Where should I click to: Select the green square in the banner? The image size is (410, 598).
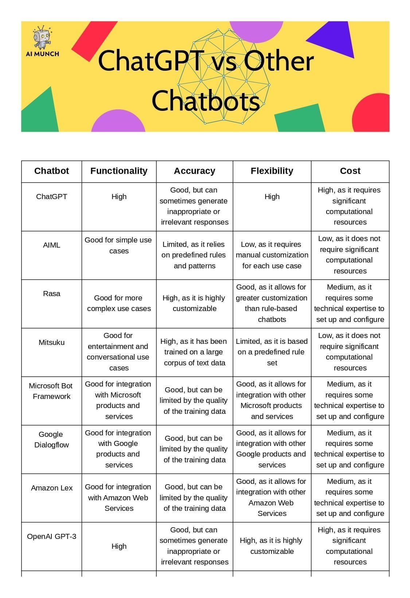pos(300,119)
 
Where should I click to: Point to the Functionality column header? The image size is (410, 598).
pos(119,171)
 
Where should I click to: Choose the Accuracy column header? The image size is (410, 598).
pos(194,171)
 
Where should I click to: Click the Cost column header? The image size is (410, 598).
pos(350,171)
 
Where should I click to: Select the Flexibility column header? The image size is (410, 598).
pos(272,171)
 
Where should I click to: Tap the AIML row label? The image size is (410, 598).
pos(51,245)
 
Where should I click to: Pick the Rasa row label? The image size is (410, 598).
pos(51,294)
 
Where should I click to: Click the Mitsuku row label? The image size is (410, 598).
pos(51,342)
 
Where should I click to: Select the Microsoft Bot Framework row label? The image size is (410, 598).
pos(51,391)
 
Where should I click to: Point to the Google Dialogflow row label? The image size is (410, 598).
pos(51,439)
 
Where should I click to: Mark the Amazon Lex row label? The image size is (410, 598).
pos(51,488)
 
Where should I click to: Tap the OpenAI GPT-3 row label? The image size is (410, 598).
pos(51,536)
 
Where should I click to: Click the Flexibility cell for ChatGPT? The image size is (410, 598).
pos(272,197)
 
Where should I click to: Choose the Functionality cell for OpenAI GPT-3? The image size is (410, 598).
pos(119,546)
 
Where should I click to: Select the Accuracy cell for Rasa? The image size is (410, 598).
pos(194,303)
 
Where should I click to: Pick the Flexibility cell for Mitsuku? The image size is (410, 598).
pos(272,352)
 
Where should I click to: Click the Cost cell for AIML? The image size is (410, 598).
pos(350,255)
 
